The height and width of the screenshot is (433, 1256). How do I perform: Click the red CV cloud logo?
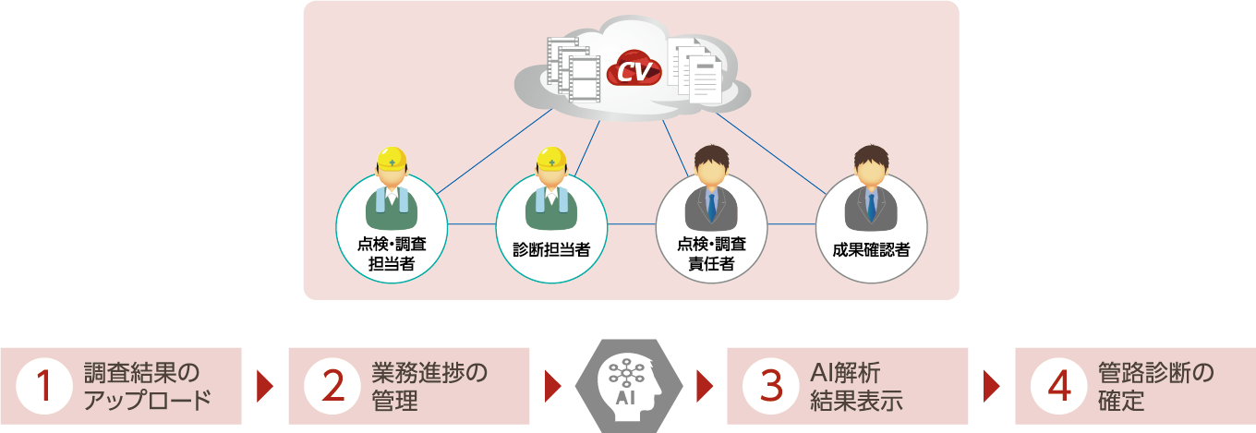pyautogui.click(x=634, y=69)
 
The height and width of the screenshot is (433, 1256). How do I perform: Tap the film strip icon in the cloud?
pyautogui.click(x=573, y=69)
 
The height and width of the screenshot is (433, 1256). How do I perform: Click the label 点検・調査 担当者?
pyautogui.click(x=391, y=253)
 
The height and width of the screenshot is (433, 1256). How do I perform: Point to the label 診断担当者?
pyautogui.click(x=551, y=249)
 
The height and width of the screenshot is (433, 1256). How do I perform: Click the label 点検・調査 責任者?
pyautogui.click(x=711, y=253)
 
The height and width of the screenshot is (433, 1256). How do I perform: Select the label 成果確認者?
pyautogui.click(x=871, y=249)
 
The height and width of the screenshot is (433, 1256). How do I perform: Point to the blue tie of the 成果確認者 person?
pyautogui.click(x=871, y=205)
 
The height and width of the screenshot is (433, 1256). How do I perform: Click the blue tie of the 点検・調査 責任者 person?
pyautogui.click(x=711, y=205)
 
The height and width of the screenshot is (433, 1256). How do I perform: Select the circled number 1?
pyautogui.click(x=44, y=386)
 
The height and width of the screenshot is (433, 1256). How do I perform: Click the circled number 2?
pyautogui.click(x=332, y=386)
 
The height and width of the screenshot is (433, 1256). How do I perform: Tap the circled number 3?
pyautogui.click(x=770, y=386)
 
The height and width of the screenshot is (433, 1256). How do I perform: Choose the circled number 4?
pyautogui.click(x=1057, y=386)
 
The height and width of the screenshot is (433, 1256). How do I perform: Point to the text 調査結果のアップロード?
pyautogui.click(x=148, y=386)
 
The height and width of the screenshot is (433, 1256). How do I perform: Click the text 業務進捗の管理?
pyautogui.click(x=429, y=386)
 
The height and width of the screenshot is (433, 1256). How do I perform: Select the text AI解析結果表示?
pyautogui.click(x=855, y=386)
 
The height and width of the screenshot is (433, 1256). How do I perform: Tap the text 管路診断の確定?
pyautogui.click(x=1154, y=386)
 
